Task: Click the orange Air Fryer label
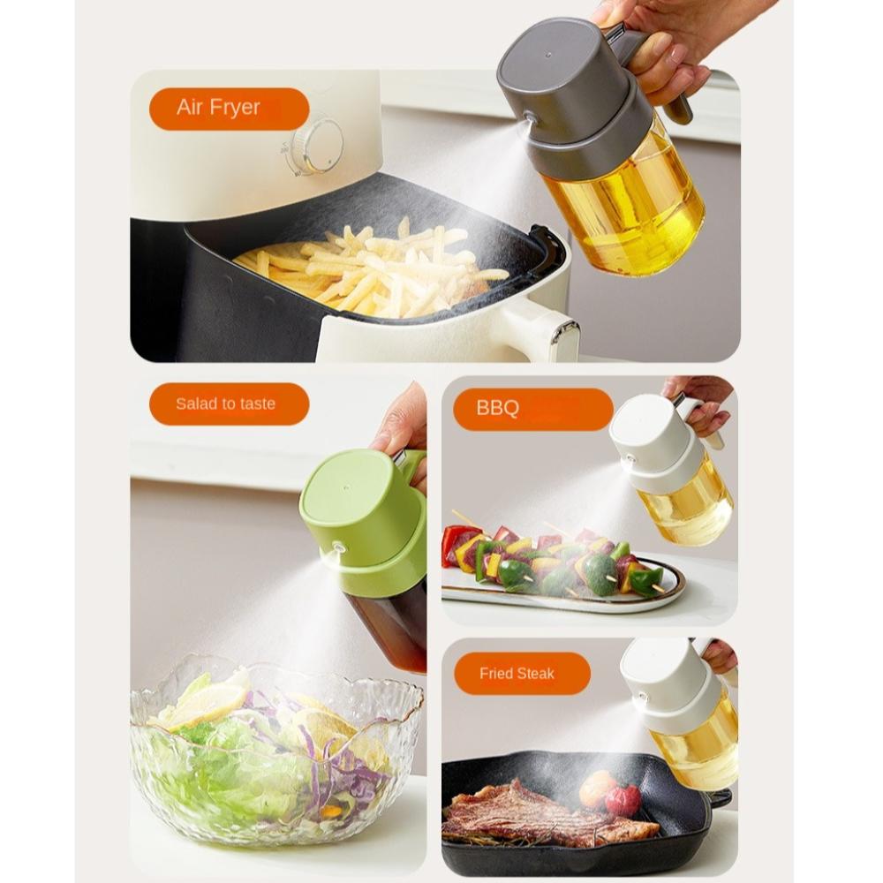pos(229,109)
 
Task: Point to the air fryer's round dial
pos(318,145)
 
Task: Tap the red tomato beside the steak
pos(623,799)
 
